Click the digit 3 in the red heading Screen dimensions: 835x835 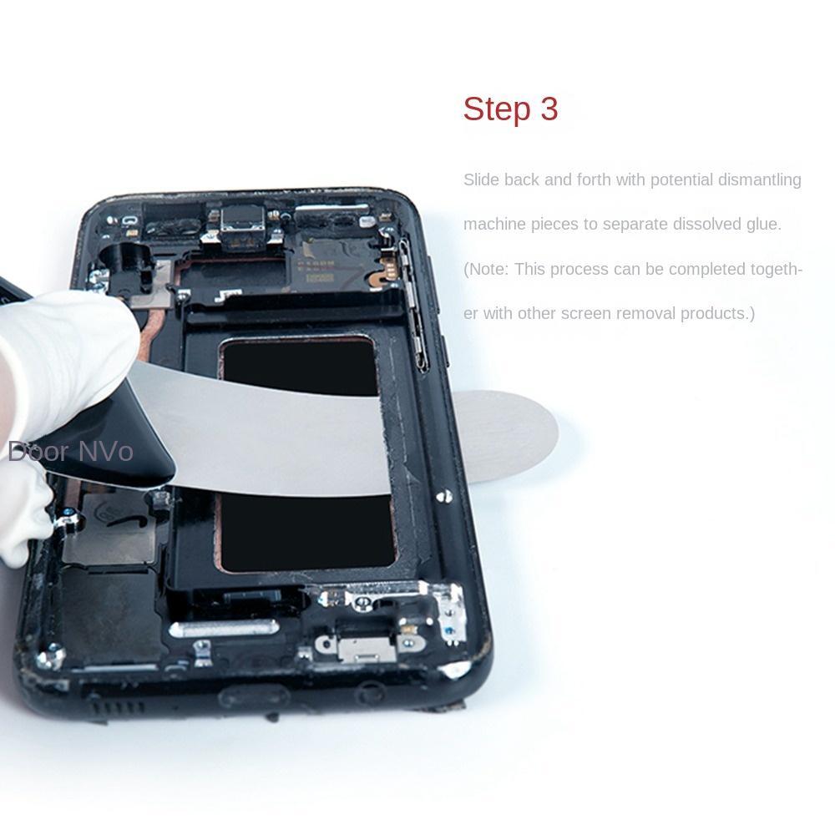[x=549, y=109]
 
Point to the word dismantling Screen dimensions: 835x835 [x=759, y=180]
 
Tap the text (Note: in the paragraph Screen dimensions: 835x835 [x=487, y=269]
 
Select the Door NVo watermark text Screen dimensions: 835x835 [x=71, y=452]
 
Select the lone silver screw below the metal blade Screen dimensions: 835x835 [x=442, y=498]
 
